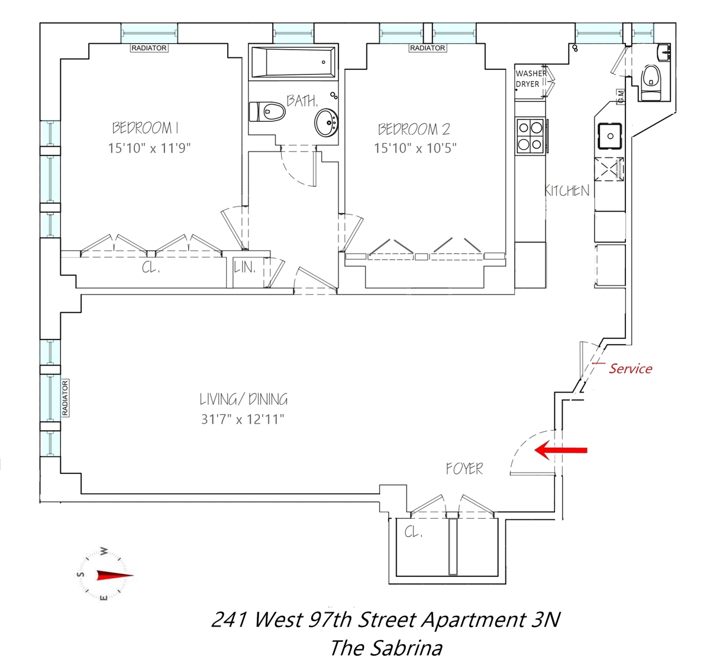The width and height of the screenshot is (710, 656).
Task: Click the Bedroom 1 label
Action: click(x=146, y=127)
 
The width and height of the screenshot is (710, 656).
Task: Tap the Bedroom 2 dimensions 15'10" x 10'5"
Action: click(x=415, y=148)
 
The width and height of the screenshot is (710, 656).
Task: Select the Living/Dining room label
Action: click(x=243, y=399)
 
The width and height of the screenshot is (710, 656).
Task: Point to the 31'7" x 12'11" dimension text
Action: click(x=243, y=419)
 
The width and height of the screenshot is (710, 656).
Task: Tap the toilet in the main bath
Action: click(x=267, y=111)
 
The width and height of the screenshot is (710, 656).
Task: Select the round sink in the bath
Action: click(x=326, y=123)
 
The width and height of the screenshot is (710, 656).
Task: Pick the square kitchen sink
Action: click(x=610, y=135)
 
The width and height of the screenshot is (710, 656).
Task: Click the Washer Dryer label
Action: click(x=531, y=79)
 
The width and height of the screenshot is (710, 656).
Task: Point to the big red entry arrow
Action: click(x=560, y=451)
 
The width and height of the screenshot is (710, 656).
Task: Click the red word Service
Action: click(x=630, y=369)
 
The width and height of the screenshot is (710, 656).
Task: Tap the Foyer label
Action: click(x=464, y=469)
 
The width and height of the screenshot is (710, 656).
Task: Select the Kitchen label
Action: click(x=567, y=190)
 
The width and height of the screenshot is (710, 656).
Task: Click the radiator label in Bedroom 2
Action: click(x=427, y=48)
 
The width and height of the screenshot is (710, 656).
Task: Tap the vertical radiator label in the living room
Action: click(x=65, y=397)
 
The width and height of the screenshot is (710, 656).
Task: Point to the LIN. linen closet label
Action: click(x=245, y=267)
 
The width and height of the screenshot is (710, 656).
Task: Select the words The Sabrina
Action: click(x=385, y=647)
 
